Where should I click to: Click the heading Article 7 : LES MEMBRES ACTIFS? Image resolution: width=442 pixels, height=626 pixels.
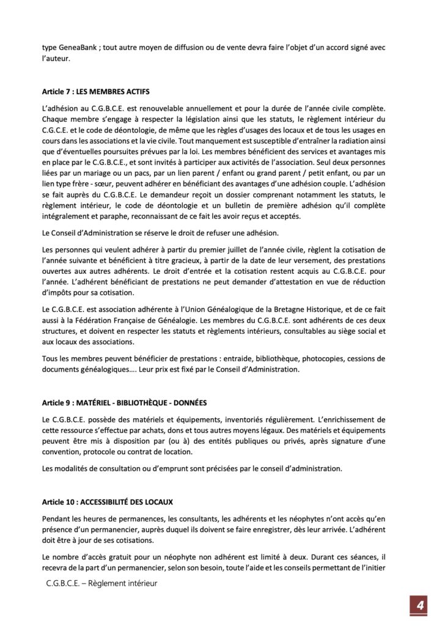coord(96,92)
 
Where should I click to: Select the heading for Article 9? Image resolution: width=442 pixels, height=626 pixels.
coord(125,403)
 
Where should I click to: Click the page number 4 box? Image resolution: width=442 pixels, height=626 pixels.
coord(420,605)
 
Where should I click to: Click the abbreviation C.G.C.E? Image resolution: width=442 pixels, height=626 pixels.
coord(59,130)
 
